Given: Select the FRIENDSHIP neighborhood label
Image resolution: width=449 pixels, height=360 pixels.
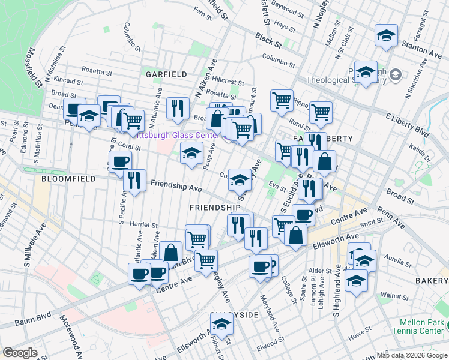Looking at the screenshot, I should tap(215, 208).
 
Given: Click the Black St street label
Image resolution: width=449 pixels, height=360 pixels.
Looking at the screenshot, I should tap(268, 40).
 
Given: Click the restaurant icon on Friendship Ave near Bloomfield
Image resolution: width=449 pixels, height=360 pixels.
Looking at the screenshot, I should tap(135, 180).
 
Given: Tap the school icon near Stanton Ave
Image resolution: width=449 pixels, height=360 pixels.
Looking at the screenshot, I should tap(386, 35).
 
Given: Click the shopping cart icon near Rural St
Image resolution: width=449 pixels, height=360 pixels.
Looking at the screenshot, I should tap(321, 112).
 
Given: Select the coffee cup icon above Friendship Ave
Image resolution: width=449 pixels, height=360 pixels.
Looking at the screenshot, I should tap(120, 161).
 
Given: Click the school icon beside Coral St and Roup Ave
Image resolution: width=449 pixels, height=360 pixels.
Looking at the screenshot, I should tap(191, 154).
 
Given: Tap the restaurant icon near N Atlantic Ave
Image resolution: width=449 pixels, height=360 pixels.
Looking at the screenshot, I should tap(177, 108).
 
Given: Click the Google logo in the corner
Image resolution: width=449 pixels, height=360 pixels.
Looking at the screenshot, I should tap(20, 353).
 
